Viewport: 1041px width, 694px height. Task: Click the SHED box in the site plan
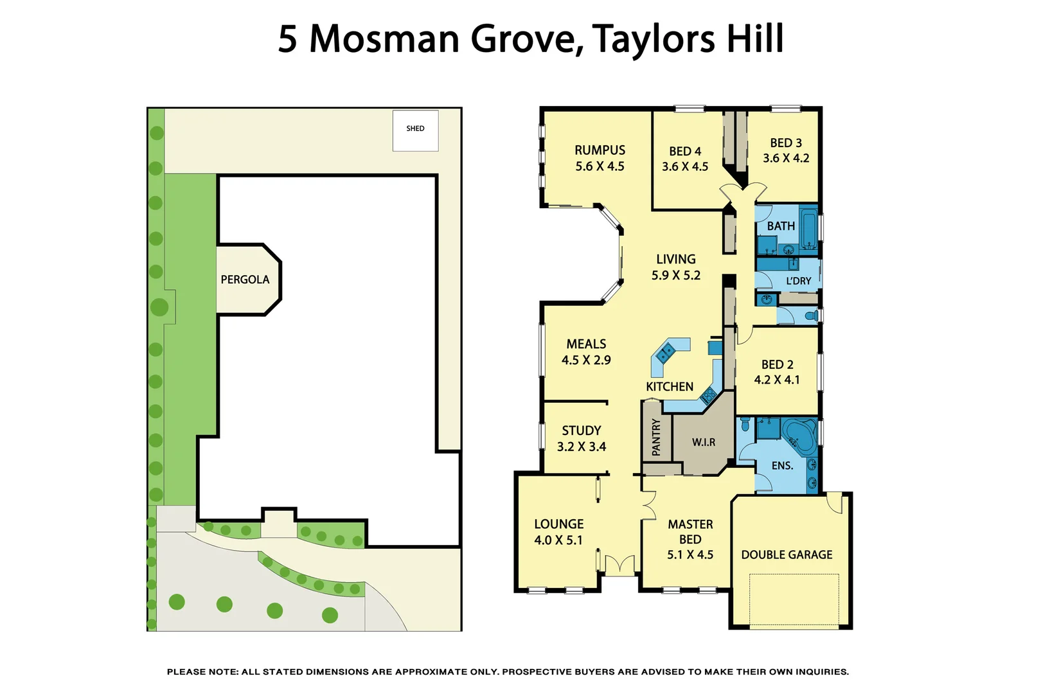point(415,130)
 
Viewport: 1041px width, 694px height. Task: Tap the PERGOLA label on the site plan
point(245,280)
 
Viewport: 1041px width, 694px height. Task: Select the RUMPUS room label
point(600,150)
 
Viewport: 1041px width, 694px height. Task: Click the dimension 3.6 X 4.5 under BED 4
point(685,166)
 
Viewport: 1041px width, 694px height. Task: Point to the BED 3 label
point(785,143)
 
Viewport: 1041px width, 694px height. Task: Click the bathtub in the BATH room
point(808,228)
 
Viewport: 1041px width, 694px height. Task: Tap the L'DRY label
point(798,281)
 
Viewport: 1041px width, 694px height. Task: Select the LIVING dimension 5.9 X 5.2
point(675,275)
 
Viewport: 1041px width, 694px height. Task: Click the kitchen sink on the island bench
point(664,352)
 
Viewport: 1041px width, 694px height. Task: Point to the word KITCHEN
point(669,386)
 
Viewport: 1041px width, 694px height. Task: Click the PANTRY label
point(656,437)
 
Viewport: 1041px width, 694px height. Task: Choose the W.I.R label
point(703,442)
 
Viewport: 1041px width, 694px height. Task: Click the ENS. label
point(781,465)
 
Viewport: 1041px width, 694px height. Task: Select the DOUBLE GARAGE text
point(787,555)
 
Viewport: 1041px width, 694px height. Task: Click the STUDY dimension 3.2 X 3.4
point(581,447)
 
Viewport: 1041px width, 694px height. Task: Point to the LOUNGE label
point(558,524)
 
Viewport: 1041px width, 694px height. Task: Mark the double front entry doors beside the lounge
point(619,565)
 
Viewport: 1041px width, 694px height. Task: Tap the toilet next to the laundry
point(812,316)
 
